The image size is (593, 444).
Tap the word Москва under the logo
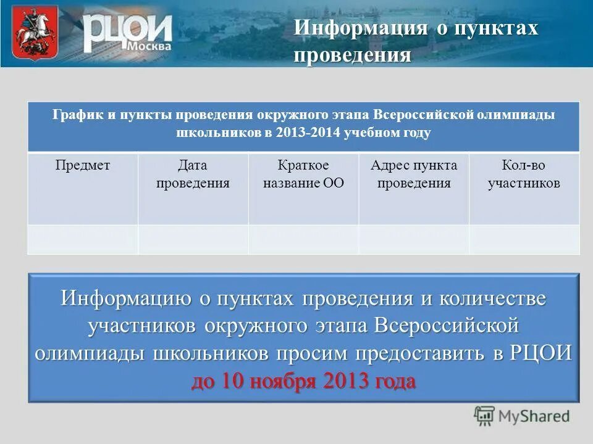click(150, 47)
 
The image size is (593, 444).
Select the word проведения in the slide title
click(353, 55)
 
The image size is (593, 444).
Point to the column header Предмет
click(83, 165)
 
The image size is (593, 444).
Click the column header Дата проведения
click(193, 175)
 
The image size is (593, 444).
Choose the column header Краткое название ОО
click(303, 175)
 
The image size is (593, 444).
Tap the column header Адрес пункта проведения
click(414, 175)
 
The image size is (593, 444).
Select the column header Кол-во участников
click(524, 175)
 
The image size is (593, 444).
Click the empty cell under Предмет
click(83, 239)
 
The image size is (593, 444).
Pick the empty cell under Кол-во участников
click(524, 239)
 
